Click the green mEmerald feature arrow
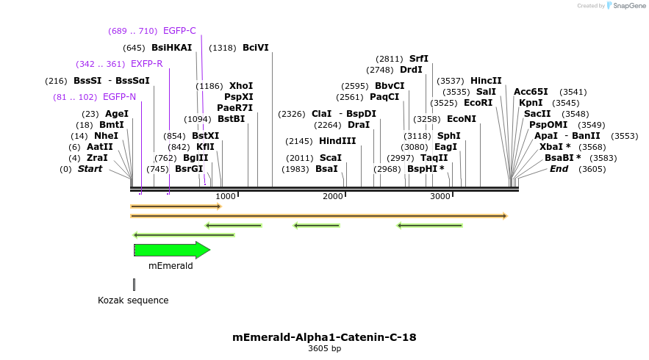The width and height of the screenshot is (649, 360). pyautogui.click(x=171, y=250)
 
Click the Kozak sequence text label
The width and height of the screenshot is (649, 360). pyautogui.click(x=133, y=300)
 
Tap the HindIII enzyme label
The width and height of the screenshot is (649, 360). pyautogui.click(x=337, y=141)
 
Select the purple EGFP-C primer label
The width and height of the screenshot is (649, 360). pyautogui.click(x=179, y=31)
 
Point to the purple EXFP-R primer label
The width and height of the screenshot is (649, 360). pyautogui.click(x=147, y=64)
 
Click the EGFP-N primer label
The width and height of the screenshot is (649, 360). pyautogui.click(x=119, y=97)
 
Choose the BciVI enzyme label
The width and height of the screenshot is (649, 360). pyautogui.click(x=256, y=48)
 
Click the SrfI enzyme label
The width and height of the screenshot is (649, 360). pyautogui.click(x=419, y=59)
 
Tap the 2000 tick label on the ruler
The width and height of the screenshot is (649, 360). pyautogui.click(x=333, y=196)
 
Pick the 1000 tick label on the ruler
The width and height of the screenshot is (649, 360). pyautogui.click(x=226, y=196)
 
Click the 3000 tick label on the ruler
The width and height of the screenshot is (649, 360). pyautogui.click(x=440, y=196)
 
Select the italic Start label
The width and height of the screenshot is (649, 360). pyautogui.click(x=90, y=169)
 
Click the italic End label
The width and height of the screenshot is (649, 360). pyautogui.click(x=559, y=169)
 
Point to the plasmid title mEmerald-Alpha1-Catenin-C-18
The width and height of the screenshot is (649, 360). pyautogui.click(x=324, y=338)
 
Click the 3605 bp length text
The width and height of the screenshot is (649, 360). pyautogui.click(x=324, y=349)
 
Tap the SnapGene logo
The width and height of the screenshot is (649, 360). pyautogui.click(x=625, y=6)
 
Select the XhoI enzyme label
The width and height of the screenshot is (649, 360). pyautogui.click(x=241, y=86)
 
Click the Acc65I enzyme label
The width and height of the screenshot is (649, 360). pyautogui.click(x=531, y=92)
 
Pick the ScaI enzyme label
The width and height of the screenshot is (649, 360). pyautogui.click(x=331, y=158)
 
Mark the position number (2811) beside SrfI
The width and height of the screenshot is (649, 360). pyautogui.click(x=390, y=59)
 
